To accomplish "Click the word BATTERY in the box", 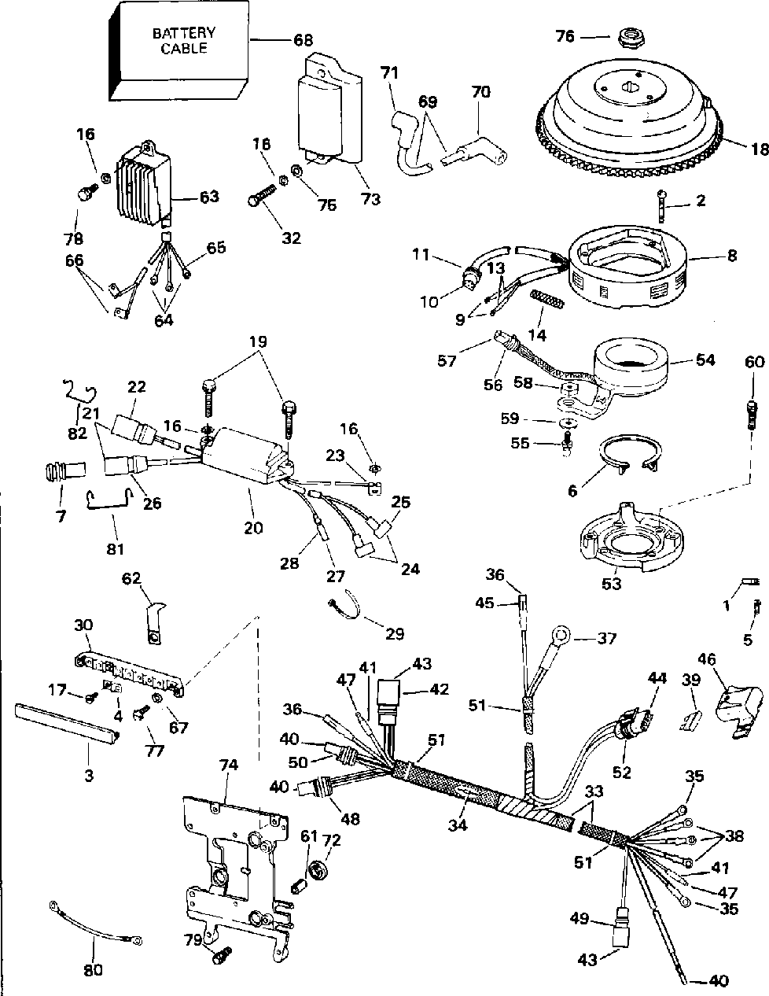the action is [x=184, y=33].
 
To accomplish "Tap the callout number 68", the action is [x=304, y=40].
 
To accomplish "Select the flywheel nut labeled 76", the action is [x=627, y=37].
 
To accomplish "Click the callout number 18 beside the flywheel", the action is [x=758, y=149].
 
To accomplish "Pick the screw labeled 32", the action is [x=263, y=195].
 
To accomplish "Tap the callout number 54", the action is [x=705, y=360].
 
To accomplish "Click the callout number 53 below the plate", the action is [x=612, y=584].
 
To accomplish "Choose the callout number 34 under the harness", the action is [x=457, y=825].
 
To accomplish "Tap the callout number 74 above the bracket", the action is [x=229, y=765].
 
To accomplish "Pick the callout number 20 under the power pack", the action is [x=253, y=528].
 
